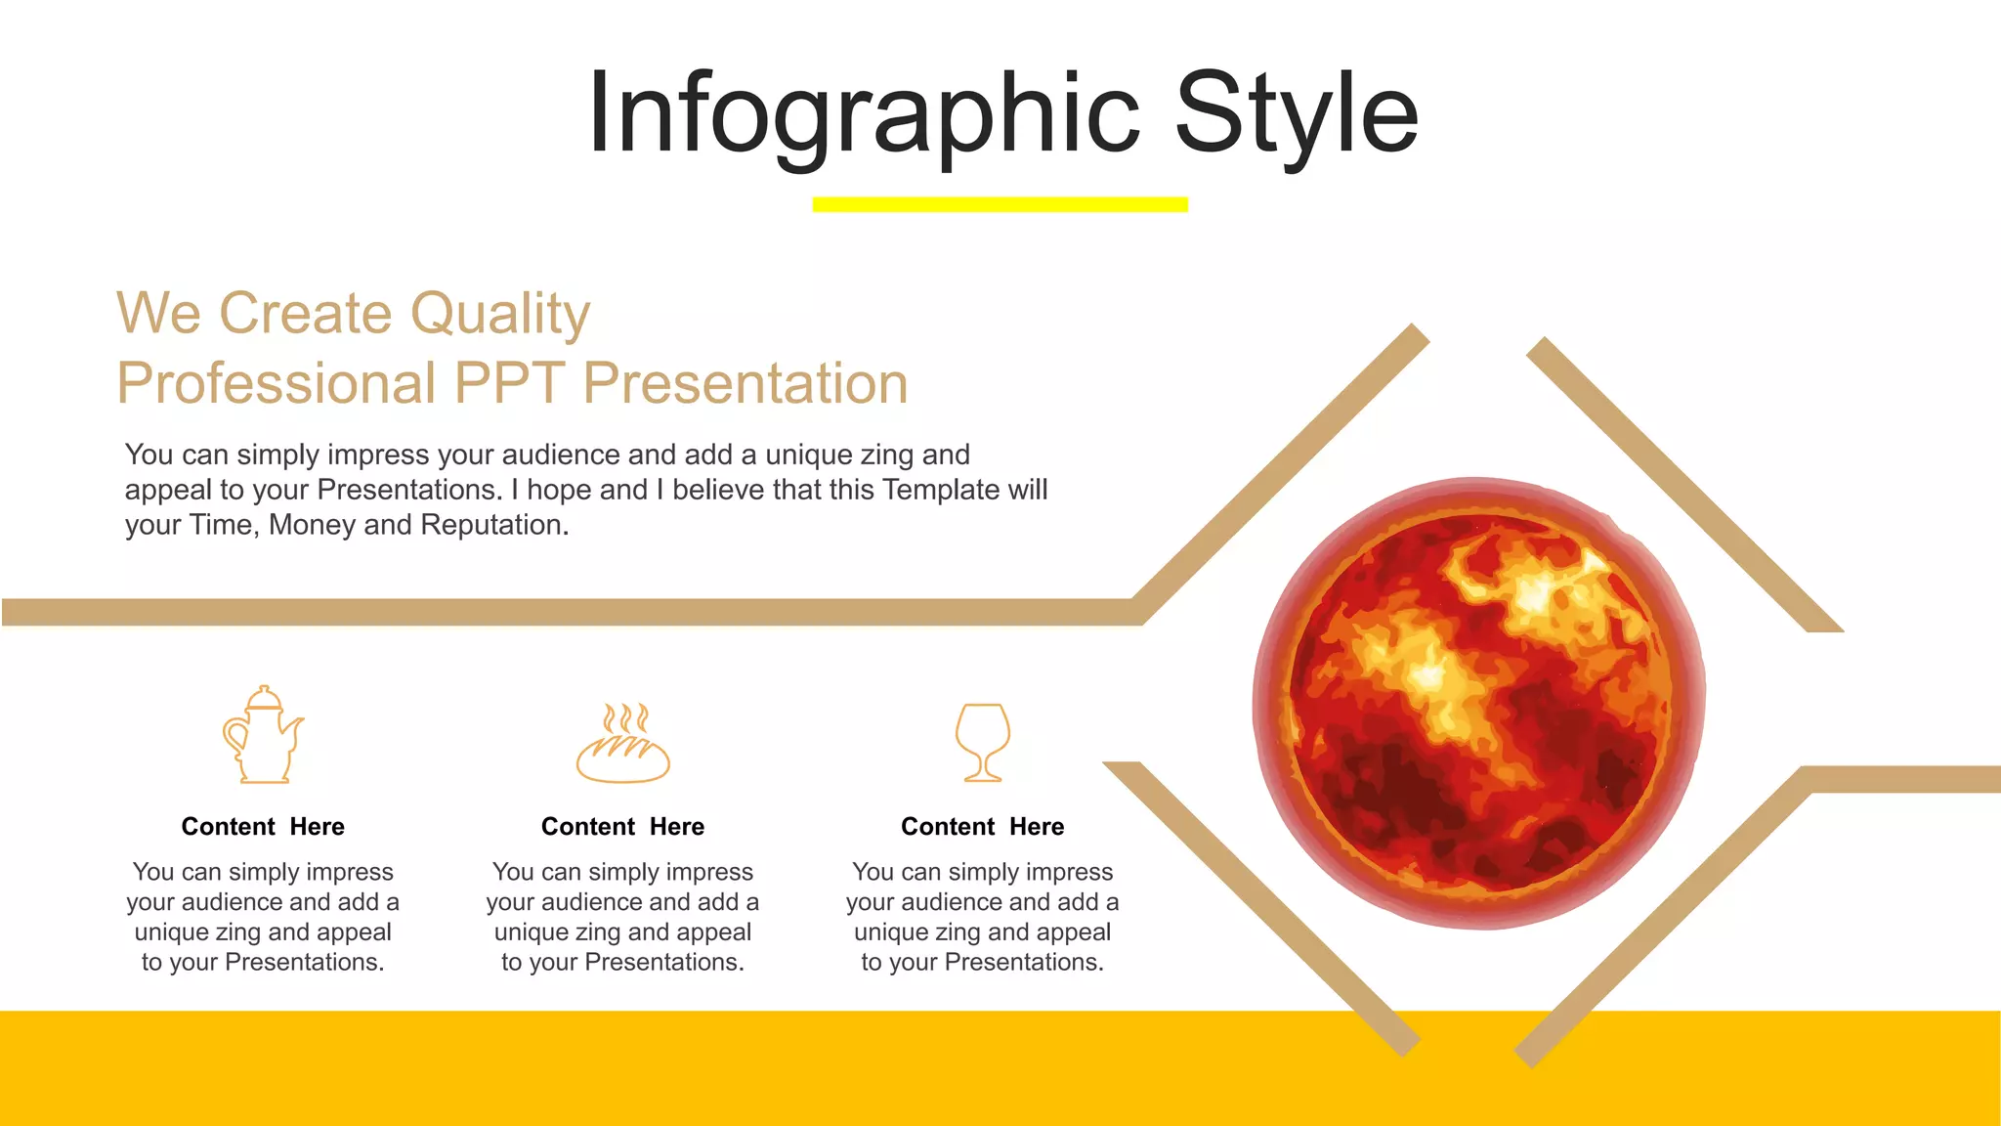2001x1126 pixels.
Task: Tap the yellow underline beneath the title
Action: point(1000,204)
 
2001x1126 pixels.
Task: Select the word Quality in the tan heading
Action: point(499,315)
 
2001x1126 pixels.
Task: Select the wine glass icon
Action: point(982,741)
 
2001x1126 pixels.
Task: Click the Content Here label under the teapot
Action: point(263,827)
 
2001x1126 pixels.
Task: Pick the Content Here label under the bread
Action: point(622,827)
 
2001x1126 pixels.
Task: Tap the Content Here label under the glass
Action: point(982,827)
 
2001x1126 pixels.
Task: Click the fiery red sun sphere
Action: point(1478,704)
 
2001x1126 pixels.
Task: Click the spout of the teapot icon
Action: point(292,725)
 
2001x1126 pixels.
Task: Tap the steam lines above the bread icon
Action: point(625,718)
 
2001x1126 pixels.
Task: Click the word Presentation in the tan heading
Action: point(745,383)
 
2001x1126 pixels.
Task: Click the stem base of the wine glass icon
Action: point(983,777)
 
